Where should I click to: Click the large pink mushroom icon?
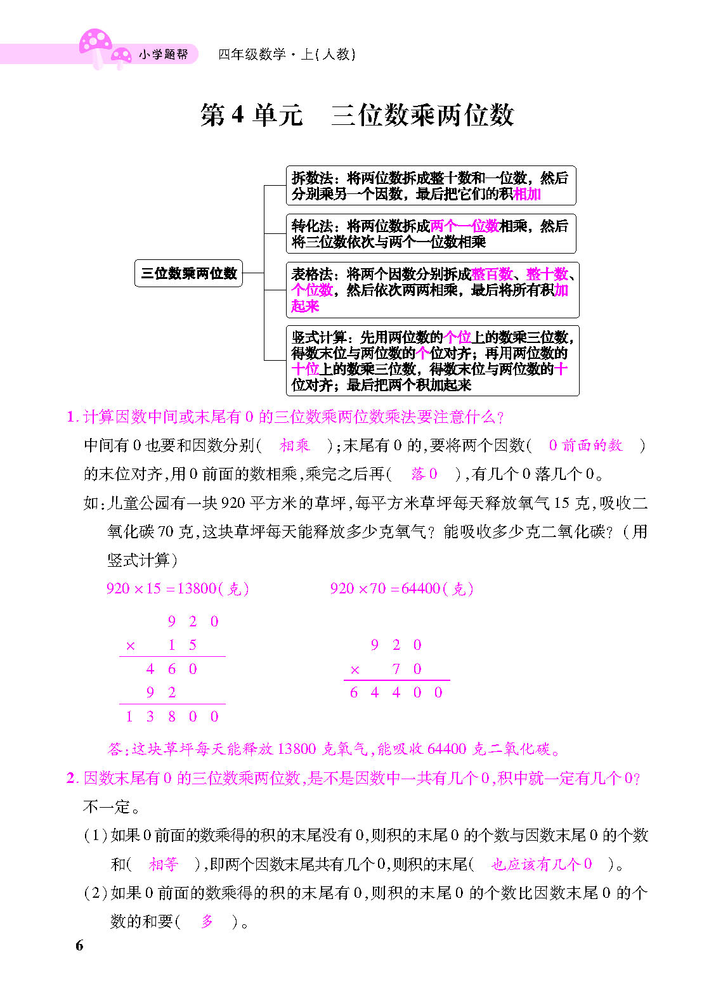(94, 44)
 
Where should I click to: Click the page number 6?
(79, 945)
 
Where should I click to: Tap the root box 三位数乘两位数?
(188, 273)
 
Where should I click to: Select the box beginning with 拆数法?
(431, 186)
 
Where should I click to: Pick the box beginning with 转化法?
(431, 234)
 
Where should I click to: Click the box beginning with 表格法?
(432, 290)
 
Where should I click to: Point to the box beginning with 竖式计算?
(432, 361)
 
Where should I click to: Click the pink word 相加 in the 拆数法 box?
(527, 194)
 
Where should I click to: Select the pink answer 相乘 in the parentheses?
(295, 446)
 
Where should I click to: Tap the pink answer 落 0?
(424, 474)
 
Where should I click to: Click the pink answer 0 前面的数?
(585, 446)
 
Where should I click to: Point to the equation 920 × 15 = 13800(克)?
(178, 589)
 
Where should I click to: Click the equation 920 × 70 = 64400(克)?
(401, 589)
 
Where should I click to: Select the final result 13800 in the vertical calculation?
(172, 717)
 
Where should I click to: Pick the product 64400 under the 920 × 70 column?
(396, 693)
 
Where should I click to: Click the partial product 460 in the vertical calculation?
(172, 669)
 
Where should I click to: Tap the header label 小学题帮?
(163, 55)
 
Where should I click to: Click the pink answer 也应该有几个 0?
(542, 864)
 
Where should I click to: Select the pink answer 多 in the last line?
(207, 922)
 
